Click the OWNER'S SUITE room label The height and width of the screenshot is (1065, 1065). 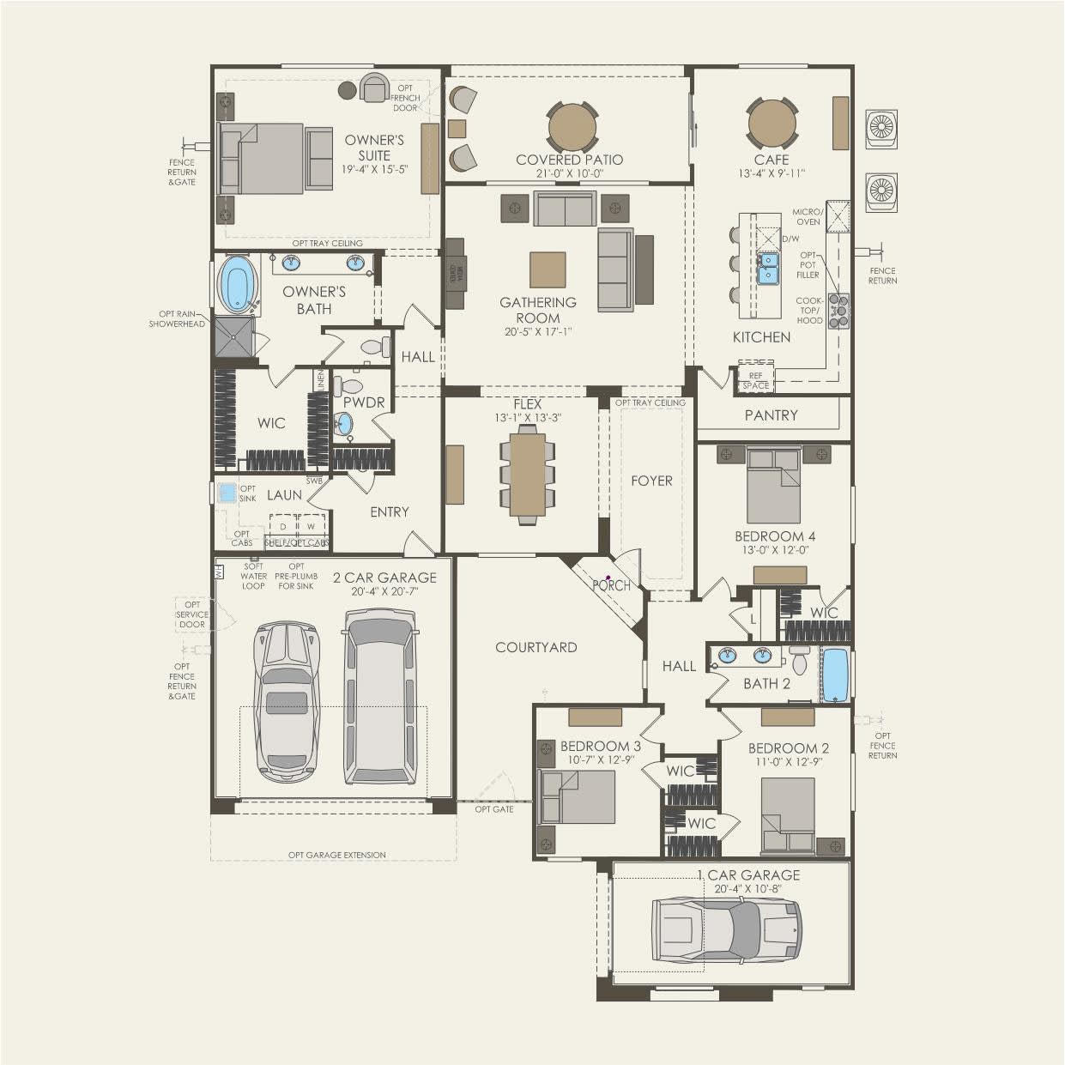click(374, 148)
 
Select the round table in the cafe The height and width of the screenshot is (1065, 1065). click(772, 125)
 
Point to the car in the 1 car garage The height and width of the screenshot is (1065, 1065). click(726, 930)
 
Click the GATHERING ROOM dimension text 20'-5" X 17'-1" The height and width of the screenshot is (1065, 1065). click(538, 332)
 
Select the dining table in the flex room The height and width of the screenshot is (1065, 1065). click(527, 475)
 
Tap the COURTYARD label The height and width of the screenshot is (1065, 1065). click(536, 648)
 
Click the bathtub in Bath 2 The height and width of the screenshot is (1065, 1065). click(834, 676)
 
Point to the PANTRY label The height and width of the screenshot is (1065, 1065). click(771, 415)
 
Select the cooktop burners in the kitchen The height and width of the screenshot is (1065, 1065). click(838, 311)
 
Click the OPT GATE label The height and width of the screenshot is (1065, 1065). click(494, 809)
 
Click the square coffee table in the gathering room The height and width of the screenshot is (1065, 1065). click(548, 269)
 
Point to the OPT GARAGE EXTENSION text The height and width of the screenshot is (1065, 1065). click(336, 855)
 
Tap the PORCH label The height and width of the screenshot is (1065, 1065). click(612, 586)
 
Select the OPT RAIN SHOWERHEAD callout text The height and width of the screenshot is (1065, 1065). click(177, 319)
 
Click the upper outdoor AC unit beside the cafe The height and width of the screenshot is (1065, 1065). click(881, 127)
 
